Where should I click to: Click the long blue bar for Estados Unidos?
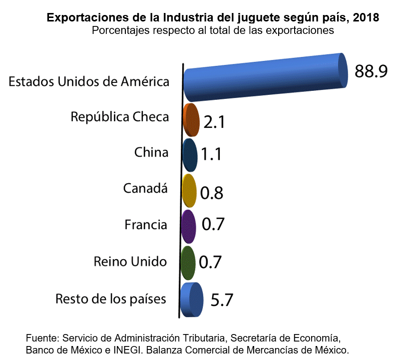point(265,77)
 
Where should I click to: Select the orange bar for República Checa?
point(191,120)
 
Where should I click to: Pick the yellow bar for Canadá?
point(189,191)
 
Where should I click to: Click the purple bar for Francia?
point(188,227)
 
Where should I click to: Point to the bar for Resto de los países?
point(192,300)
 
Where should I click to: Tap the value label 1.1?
point(211,154)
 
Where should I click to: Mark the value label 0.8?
point(211,193)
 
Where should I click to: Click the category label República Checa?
point(119,117)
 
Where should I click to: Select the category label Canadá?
point(145,189)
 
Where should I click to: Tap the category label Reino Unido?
point(130,261)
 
